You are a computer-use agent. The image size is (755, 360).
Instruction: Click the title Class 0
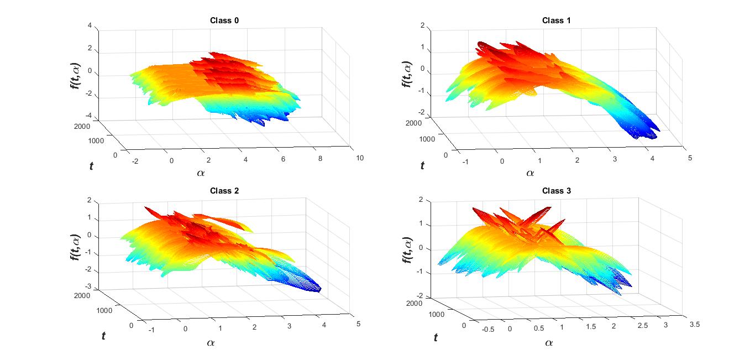tap(224, 20)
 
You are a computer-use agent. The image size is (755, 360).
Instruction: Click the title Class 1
tap(556, 20)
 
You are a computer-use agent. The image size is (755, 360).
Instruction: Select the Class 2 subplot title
tap(224, 191)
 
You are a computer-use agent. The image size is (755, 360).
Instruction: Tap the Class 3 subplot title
tap(556, 191)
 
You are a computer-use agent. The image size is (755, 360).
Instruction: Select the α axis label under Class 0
tap(201, 173)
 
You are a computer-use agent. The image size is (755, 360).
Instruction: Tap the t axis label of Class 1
tap(423, 165)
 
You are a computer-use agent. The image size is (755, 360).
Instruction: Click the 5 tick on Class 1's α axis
tap(688, 158)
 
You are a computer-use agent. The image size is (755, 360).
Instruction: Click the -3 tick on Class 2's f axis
tap(88, 289)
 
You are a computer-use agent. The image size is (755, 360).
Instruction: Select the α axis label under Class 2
tap(211, 343)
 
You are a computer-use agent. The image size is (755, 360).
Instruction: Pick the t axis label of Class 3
tap(436, 337)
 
